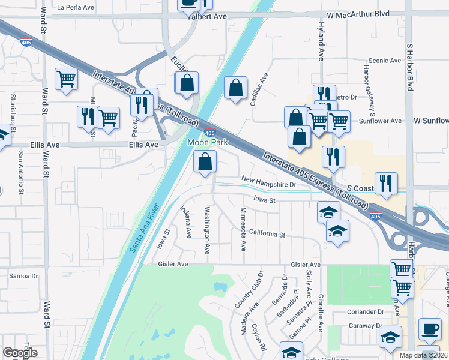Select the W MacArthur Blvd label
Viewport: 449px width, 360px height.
tap(358, 14)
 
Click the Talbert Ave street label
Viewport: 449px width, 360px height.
tap(208, 16)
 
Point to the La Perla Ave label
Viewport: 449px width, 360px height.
tap(76, 8)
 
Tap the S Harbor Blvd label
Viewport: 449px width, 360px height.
tap(411, 66)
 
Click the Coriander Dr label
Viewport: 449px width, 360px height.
tap(365, 312)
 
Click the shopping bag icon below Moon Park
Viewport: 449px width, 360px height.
tap(205, 162)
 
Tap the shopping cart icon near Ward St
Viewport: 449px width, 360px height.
tap(66, 79)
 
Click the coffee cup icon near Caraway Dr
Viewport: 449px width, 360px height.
tap(429, 329)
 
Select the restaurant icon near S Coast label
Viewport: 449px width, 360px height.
tap(384, 184)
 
